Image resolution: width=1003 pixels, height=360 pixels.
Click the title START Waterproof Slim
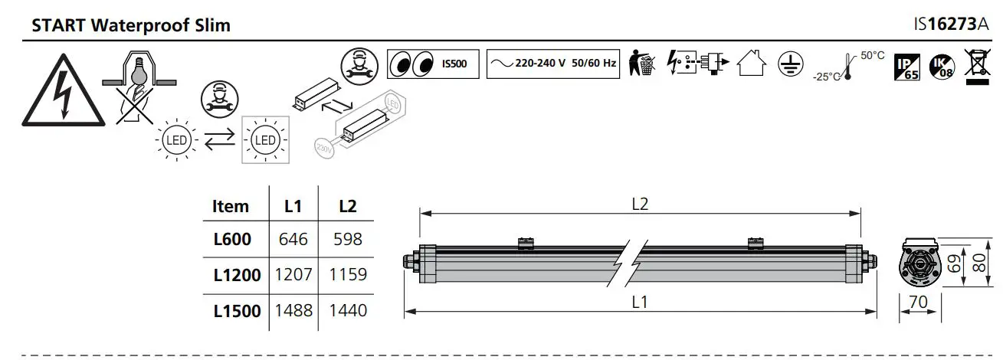click(131, 25)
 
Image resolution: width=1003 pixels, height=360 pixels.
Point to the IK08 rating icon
click(941, 67)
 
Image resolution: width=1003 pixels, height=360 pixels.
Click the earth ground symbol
click(788, 64)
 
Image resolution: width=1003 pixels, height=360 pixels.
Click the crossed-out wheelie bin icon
click(978, 64)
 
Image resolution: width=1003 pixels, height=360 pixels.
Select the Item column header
click(231, 206)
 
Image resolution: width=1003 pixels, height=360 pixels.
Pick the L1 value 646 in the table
click(293, 240)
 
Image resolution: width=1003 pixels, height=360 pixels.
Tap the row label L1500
click(237, 310)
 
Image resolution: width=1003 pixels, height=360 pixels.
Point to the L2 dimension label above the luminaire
click(641, 205)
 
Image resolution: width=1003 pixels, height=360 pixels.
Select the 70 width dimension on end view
click(918, 302)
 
